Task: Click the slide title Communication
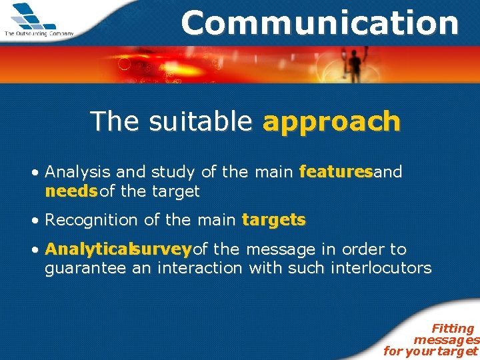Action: coord(320,23)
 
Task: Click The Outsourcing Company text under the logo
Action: coord(39,33)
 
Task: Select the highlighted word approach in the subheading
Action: coord(331,122)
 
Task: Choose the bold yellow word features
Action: coord(335,172)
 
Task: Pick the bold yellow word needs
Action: coord(70,192)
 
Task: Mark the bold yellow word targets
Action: coord(273,220)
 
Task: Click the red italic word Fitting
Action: coord(453,328)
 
